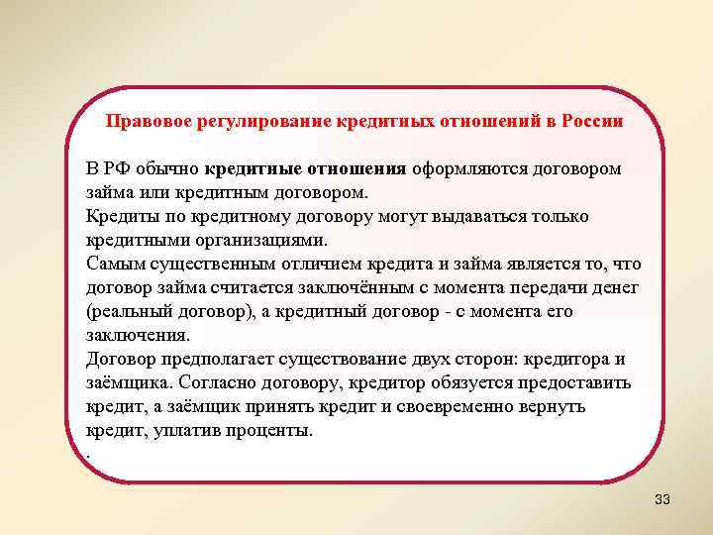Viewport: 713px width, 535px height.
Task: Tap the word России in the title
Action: click(x=591, y=122)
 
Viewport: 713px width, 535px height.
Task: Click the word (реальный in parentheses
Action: click(x=128, y=311)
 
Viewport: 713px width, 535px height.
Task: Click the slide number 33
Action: click(x=662, y=499)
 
